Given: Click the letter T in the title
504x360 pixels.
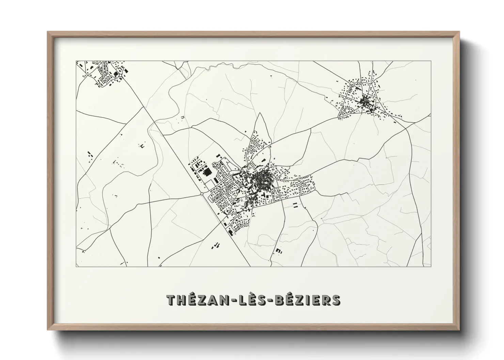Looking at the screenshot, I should pyautogui.click(x=172, y=300).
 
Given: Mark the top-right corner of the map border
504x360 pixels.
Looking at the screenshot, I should pyautogui.click(x=431, y=61).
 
